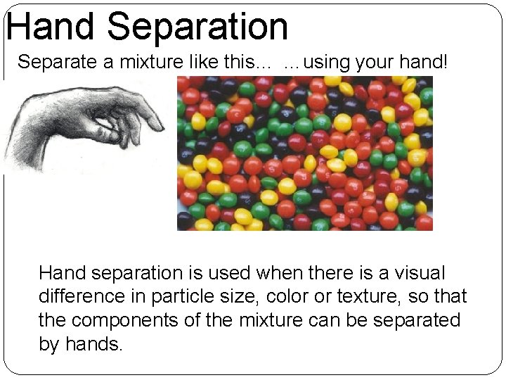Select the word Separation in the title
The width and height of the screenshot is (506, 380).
(198, 27)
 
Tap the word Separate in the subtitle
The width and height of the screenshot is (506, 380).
(58, 62)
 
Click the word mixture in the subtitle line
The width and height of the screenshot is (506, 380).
(151, 62)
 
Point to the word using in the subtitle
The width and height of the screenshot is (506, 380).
(327, 62)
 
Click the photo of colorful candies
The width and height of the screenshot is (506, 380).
(304, 153)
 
